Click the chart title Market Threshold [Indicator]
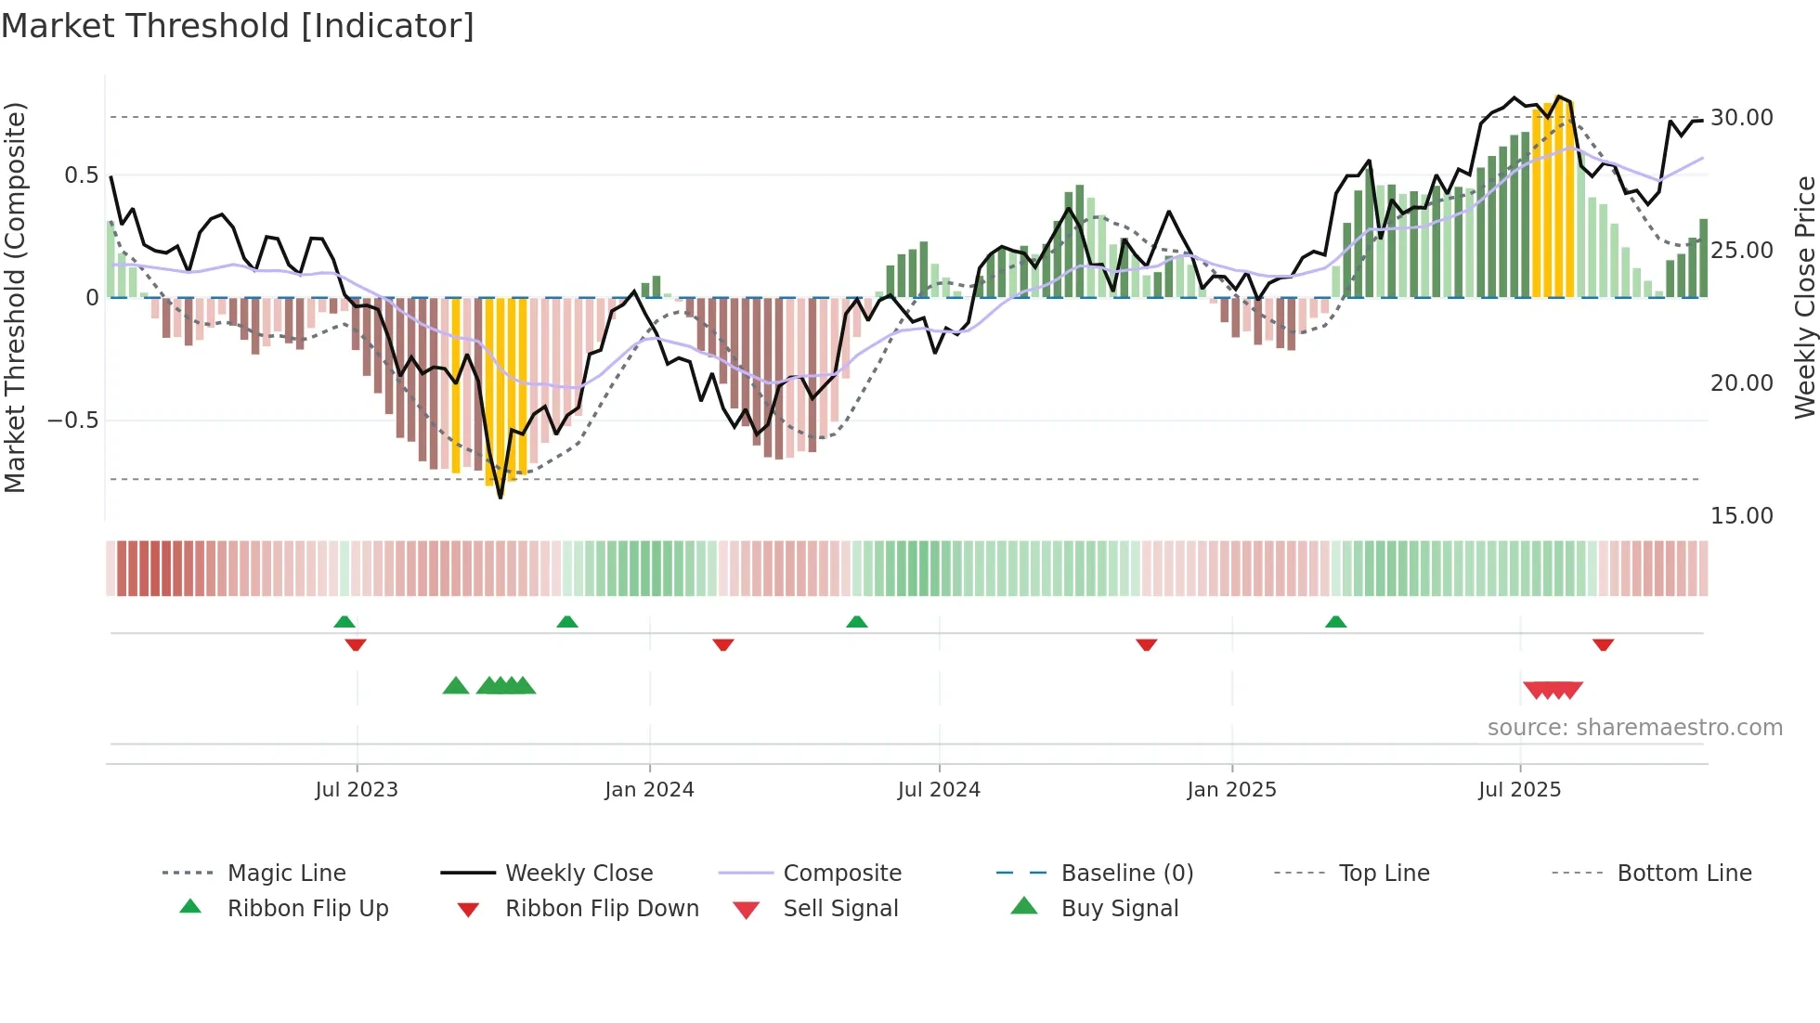[238, 26]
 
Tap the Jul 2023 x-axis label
[357, 790]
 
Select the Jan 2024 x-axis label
[649, 790]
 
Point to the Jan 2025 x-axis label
[1231, 790]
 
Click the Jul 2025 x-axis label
[1519, 790]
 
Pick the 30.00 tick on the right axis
[1741, 118]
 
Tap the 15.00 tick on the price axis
[1741, 516]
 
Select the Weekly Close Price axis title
[1804, 297]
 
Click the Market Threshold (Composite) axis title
[15, 297]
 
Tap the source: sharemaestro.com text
[1634, 728]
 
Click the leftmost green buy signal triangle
[456, 686]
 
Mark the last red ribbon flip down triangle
[1603, 644]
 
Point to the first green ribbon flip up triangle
[344, 622]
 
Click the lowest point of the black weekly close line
[500, 498]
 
